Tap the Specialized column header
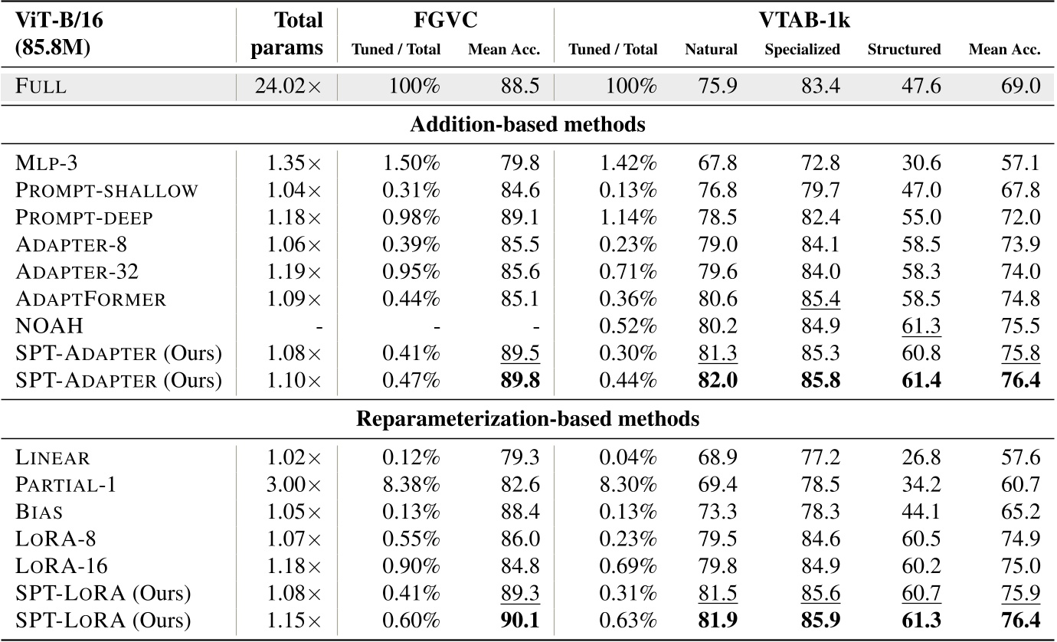pos(802,50)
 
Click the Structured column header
pos(904,50)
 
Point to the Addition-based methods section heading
pos(528,125)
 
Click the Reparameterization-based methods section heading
pos(528,419)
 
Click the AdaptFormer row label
pos(90,299)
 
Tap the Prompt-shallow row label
pos(107,189)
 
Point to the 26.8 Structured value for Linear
pos(923,458)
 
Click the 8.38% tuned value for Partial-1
pos(411,485)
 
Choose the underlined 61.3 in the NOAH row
pos(923,326)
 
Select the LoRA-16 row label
pos(61,565)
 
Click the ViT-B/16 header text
pos(59,20)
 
